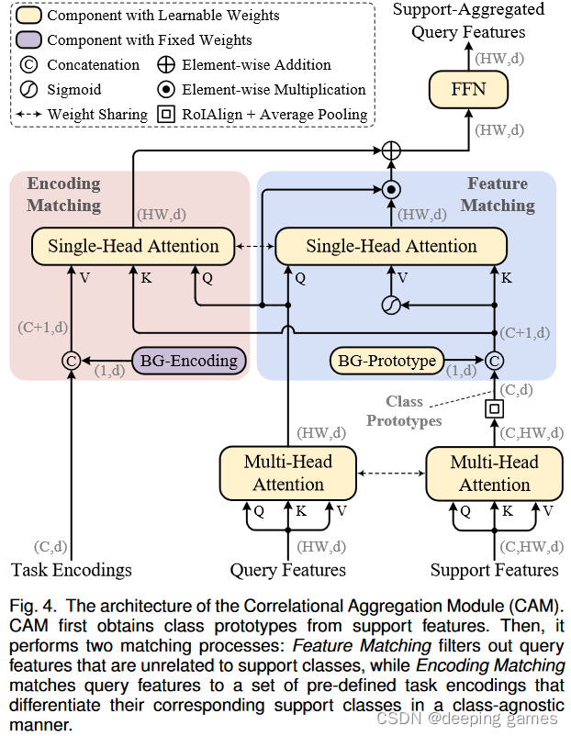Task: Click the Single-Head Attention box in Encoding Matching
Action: [x=133, y=246]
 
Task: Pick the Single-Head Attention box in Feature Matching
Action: [x=391, y=246]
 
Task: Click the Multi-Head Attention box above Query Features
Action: [x=288, y=473]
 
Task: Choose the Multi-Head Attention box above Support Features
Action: [x=494, y=473]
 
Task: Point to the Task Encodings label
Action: [x=72, y=570]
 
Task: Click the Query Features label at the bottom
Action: [x=288, y=570]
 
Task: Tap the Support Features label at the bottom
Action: [x=494, y=570]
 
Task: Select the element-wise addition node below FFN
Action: [x=392, y=150]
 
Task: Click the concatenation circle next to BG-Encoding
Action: [x=71, y=361]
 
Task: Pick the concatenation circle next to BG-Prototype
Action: [x=494, y=361]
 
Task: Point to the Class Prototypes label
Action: [x=404, y=410]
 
